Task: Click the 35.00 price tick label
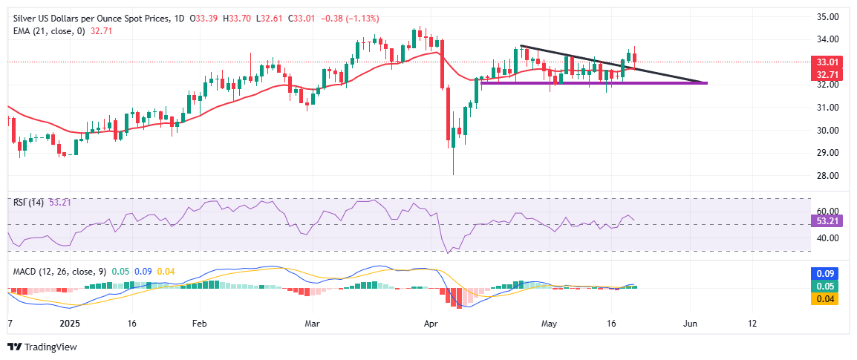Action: point(827,16)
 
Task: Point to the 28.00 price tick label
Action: point(827,176)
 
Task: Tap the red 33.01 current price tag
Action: point(827,62)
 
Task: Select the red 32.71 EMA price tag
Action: point(827,75)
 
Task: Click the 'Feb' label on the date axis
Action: point(198,324)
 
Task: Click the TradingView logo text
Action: point(48,347)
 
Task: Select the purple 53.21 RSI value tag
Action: point(827,221)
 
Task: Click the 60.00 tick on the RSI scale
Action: point(827,212)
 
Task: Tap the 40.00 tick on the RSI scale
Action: point(827,238)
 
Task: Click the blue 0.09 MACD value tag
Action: point(827,274)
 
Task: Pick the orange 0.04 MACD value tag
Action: point(827,298)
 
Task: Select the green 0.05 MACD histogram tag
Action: point(827,287)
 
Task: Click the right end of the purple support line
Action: point(706,82)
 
